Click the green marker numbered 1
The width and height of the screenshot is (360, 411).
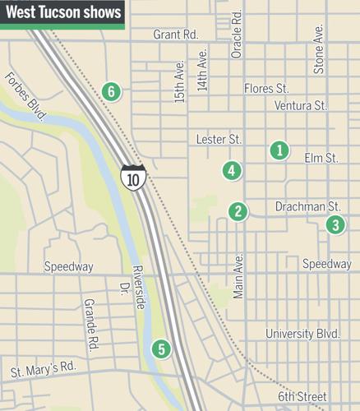point(279,150)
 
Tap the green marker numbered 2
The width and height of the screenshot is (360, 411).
point(238,211)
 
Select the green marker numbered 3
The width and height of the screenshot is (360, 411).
point(335,224)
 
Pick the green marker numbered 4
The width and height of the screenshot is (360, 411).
point(233,171)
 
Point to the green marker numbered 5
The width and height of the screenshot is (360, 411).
point(161,349)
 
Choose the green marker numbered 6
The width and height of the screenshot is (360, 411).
point(111,91)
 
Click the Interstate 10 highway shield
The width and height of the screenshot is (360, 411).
point(132,177)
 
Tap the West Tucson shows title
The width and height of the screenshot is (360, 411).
point(62,13)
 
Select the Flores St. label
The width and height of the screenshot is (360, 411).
point(266,88)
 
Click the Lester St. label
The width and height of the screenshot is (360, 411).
point(218,140)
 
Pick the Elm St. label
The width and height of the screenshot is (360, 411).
point(321,157)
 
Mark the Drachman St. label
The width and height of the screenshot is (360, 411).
point(307,205)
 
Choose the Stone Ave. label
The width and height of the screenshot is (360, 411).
point(319,48)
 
